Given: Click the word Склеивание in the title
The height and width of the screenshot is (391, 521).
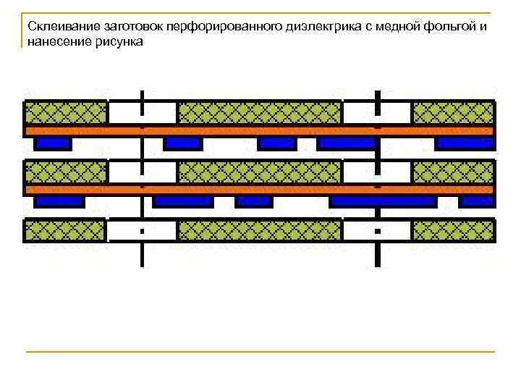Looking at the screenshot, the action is [x=56, y=27].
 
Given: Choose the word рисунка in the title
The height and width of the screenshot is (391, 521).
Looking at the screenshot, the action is [x=118, y=42].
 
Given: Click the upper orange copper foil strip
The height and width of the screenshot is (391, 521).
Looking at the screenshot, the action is [x=260, y=131].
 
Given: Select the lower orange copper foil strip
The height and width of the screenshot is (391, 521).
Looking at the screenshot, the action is [x=260, y=190].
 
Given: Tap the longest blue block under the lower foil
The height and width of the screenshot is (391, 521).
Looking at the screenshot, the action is [x=383, y=201].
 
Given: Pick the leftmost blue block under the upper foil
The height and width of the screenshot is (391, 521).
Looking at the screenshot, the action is [x=53, y=143].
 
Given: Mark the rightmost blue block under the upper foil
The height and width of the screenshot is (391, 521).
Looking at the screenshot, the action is [x=465, y=143].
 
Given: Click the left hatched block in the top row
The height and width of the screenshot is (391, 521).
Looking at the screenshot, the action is [x=66, y=113].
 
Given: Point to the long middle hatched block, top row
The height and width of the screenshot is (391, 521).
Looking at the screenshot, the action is [x=260, y=113].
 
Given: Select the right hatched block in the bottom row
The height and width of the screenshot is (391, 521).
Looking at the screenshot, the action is [x=454, y=231].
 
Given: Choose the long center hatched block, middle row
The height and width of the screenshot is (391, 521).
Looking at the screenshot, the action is [x=260, y=172].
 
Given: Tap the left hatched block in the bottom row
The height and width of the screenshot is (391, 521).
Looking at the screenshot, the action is [x=66, y=231].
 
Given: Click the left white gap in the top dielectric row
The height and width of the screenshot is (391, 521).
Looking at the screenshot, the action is [x=143, y=113].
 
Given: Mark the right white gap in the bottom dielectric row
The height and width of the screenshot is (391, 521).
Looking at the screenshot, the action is [x=377, y=231].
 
